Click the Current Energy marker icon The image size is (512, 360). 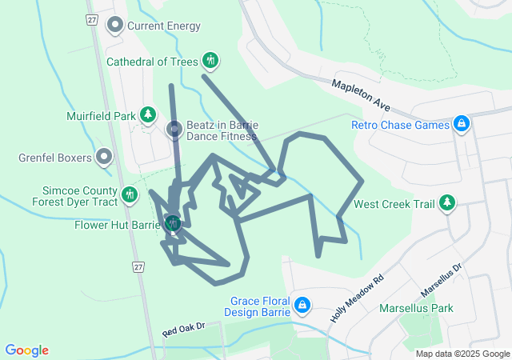click(x=114, y=26)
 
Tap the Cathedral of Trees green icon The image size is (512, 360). click(x=210, y=60)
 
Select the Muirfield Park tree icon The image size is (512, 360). click(x=147, y=116)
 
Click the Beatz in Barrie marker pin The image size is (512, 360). click(x=174, y=129)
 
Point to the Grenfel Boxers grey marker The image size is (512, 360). click(x=104, y=157)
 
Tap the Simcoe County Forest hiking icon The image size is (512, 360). click(x=130, y=194)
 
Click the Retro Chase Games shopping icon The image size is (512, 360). click(x=462, y=124)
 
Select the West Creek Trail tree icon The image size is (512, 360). click(x=447, y=204)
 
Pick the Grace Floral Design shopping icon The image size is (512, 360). click(x=302, y=305)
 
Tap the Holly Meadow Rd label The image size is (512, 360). click(x=357, y=299)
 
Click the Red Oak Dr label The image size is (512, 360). click(x=184, y=329)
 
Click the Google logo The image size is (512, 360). click(x=26, y=350)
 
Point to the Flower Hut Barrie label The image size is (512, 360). click(x=118, y=224)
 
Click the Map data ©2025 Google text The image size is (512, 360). click(x=462, y=354)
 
